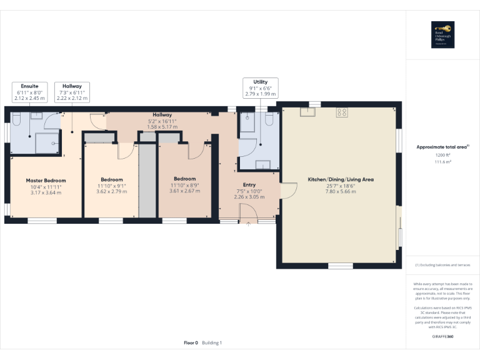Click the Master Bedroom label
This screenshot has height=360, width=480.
tap(46, 181)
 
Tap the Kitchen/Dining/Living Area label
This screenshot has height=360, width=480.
tap(341, 179)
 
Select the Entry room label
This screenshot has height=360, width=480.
tap(249, 184)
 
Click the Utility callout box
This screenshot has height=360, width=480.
tap(261, 87)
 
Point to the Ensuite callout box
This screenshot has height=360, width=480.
tap(29, 91)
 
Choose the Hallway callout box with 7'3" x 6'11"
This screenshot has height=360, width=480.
tap(72, 91)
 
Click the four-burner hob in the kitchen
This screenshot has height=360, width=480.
tap(342, 112)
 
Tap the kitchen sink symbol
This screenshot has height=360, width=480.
tap(307, 112)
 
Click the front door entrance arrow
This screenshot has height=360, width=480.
tap(249, 224)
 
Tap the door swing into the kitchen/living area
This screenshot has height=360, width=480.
tap(288, 189)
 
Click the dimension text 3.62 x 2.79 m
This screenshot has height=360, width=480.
tap(112, 191)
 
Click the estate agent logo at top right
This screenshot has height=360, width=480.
tap(442, 35)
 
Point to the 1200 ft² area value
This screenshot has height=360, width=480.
tap(442, 154)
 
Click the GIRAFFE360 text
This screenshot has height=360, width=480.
tap(442, 337)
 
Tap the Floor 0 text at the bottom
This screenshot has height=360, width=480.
tap(191, 342)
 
